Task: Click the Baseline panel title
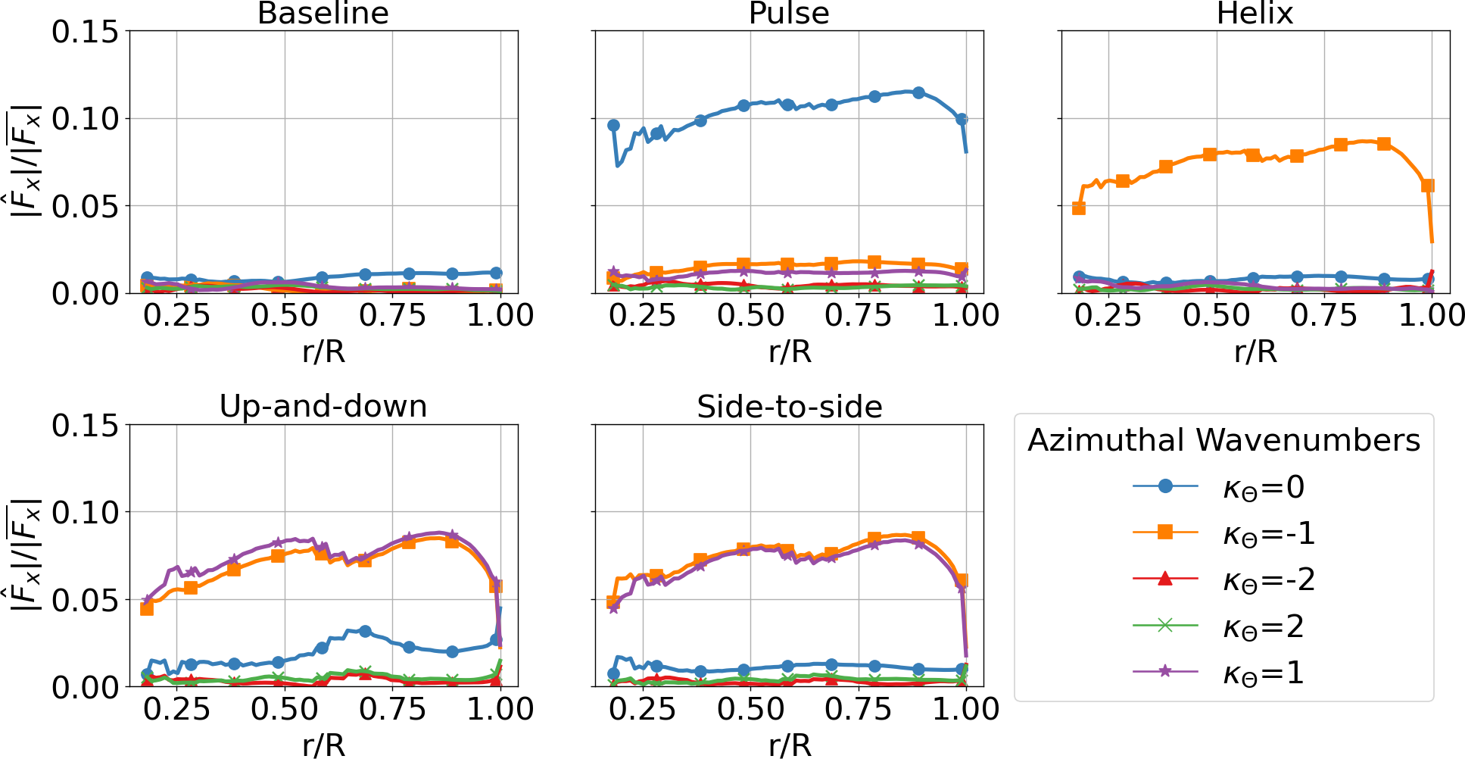[323, 14]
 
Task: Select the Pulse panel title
[789, 14]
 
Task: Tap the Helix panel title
[1255, 14]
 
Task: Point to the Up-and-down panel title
[323, 407]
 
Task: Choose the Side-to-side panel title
[789, 407]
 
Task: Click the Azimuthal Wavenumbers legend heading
[1223, 440]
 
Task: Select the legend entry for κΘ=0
[1263, 487]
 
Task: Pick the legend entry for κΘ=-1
[1268, 534]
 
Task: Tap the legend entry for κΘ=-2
[1268, 580]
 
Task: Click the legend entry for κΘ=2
[1263, 627]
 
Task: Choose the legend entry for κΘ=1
[1263, 673]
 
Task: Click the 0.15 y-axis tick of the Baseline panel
[86, 32]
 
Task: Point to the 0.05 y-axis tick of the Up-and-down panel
[86, 600]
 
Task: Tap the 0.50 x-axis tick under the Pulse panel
[750, 315]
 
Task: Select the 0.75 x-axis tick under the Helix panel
[1324, 315]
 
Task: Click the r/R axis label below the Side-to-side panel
[789, 745]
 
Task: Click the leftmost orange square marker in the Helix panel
[1079, 208]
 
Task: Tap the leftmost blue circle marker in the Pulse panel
[613, 125]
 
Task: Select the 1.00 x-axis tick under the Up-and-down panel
[500, 709]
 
